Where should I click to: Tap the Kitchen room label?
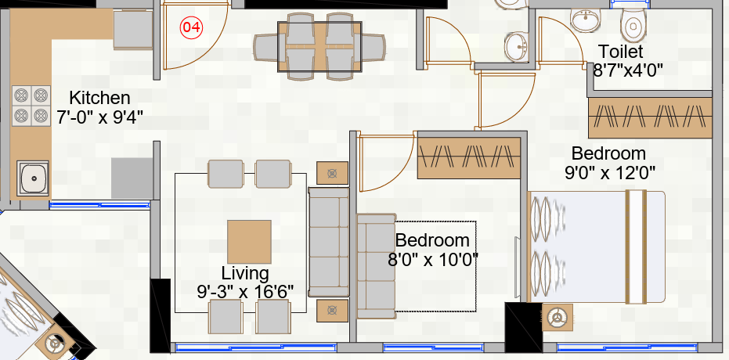[x=99, y=99]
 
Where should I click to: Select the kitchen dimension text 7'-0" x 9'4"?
[x=99, y=117]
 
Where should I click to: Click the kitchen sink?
[x=33, y=178]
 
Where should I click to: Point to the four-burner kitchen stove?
[x=31, y=105]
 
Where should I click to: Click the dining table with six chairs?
[x=321, y=47]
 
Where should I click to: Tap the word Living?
[x=245, y=274]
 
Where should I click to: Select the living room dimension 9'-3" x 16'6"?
[x=245, y=291]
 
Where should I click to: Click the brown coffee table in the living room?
[x=249, y=241]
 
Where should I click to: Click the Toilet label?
[x=618, y=52]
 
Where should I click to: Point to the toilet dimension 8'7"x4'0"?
[x=628, y=69]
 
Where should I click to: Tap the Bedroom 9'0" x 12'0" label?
[x=608, y=162]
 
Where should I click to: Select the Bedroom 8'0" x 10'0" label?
[x=432, y=250]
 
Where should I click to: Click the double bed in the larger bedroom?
[x=597, y=247]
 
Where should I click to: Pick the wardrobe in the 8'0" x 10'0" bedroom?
[x=469, y=157]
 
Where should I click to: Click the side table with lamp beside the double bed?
[x=558, y=319]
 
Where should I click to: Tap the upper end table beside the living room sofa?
[x=332, y=173]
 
